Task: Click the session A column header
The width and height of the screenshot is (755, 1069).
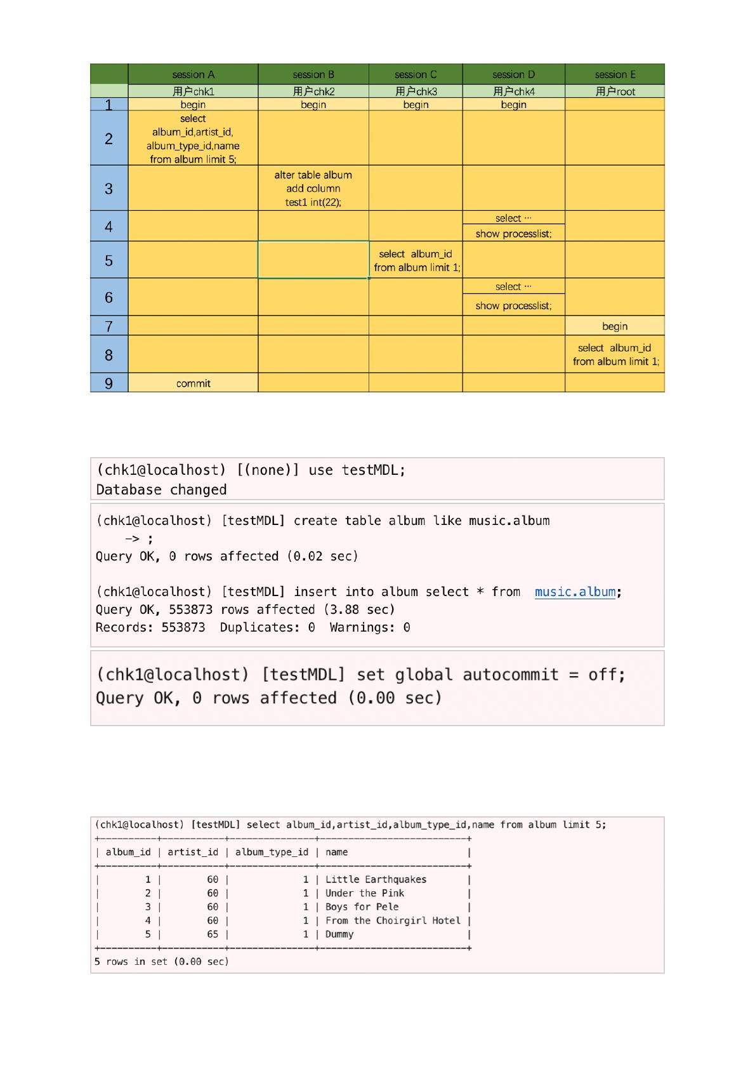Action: click(193, 74)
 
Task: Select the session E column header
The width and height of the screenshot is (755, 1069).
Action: click(614, 74)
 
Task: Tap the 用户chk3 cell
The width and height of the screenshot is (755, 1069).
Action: click(416, 91)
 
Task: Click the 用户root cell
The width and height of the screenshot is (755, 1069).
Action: click(614, 91)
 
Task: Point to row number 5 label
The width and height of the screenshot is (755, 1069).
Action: click(109, 260)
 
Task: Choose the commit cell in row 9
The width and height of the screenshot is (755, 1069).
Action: click(193, 383)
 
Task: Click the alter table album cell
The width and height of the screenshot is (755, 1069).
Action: click(313, 189)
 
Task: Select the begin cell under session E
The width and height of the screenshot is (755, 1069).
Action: click(614, 326)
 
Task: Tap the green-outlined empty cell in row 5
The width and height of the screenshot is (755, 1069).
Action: click(313, 260)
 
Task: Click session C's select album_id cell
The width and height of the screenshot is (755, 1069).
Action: click(416, 260)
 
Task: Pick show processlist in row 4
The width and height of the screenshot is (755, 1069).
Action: click(513, 234)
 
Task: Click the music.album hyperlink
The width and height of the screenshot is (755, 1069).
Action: click(575, 592)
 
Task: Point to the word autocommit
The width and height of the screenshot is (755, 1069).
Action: click(511, 675)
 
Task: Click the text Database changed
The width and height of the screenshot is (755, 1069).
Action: click(161, 490)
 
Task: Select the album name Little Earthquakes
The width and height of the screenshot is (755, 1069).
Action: click(376, 880)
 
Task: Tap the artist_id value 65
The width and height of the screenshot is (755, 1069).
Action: click(213, 934)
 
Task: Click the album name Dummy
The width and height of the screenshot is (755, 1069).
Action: click(339, 934)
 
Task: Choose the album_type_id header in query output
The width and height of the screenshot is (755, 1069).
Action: click(272, 853)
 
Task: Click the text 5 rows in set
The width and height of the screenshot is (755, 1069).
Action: click(161, 962)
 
